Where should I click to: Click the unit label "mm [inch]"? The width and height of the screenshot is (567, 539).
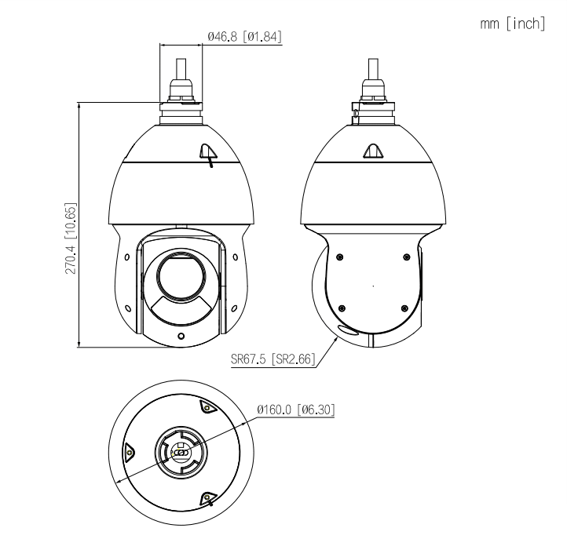tap(512, 24)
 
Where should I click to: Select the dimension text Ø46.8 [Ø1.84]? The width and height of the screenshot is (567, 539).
tap(244, 36)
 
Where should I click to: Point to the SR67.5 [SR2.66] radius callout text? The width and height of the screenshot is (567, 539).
tap(273, 362)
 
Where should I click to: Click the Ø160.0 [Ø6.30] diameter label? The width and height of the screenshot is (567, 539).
tap(297, 410)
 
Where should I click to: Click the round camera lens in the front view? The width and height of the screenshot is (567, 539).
tap(181, 274)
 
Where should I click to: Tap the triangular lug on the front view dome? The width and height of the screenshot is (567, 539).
tap(207, 152)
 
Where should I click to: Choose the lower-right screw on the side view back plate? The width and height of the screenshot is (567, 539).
tap(404, 307)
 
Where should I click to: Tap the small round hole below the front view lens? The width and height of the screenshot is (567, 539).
tap(181, 337)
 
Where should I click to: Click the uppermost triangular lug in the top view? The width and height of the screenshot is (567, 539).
tap(207, 406)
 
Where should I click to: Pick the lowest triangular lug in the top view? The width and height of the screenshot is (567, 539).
tap(207, 497)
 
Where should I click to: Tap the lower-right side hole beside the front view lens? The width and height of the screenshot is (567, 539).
tap(236, 307)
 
